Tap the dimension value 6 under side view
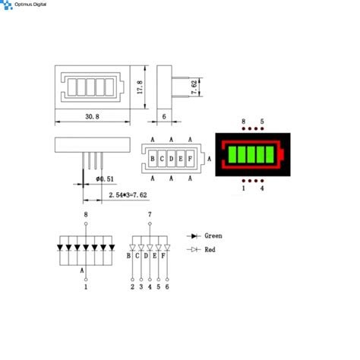coord(165,117)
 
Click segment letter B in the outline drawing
coord(153,159)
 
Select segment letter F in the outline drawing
coord(189,159)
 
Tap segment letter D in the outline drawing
coord(171,159)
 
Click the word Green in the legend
coord(213,236)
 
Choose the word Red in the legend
coord(210,249)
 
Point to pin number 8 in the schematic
coord(86,216)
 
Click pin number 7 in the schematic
coord(150,216)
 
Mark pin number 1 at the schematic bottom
coord(86,287)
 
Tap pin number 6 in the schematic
coord(167,287)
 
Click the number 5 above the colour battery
coord(262,122)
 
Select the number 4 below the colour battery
coord(262,188)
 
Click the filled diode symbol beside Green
coord(194,236)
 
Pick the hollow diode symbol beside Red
coord(194,249)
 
